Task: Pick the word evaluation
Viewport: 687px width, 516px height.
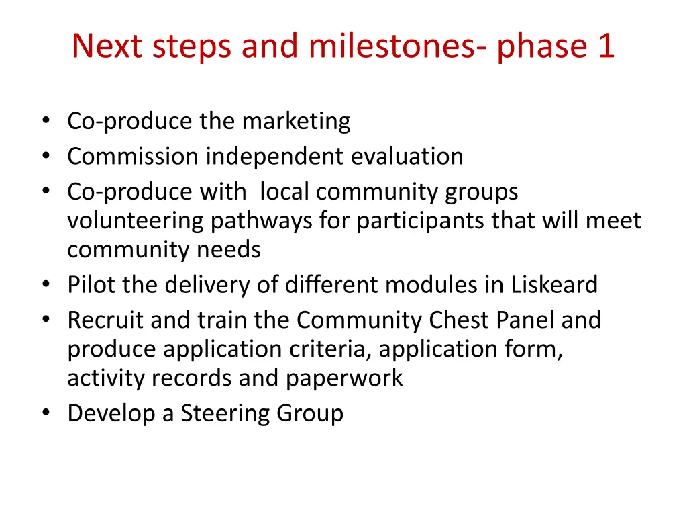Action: (407, 157)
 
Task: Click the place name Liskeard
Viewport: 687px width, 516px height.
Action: (553, 285)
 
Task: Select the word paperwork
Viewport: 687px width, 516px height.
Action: (344, 378)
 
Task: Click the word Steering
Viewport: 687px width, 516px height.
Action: (224, 413)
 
